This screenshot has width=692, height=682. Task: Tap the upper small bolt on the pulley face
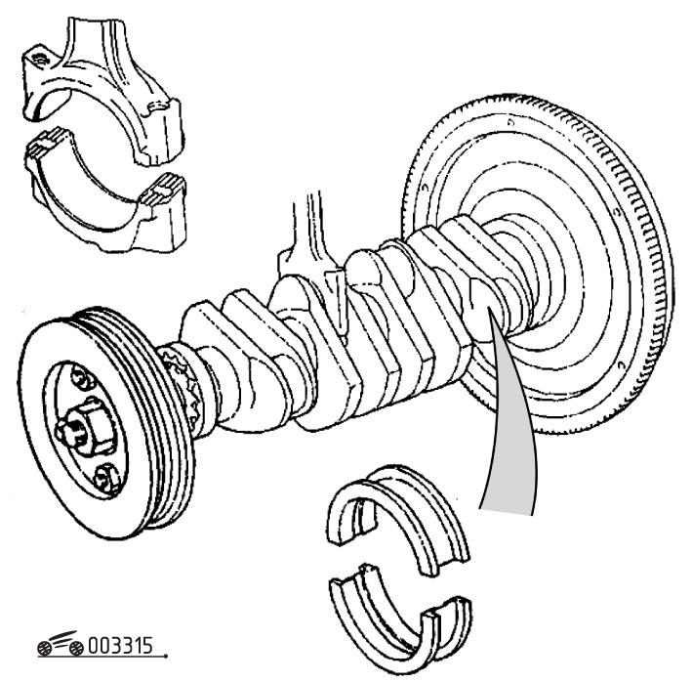point(77,373)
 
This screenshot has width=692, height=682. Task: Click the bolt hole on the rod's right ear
point(155,108)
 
